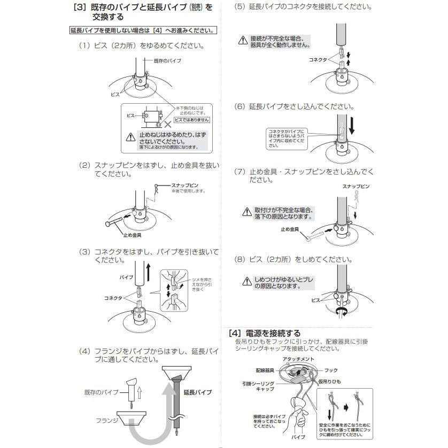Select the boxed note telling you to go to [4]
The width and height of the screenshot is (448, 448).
click(143, 31)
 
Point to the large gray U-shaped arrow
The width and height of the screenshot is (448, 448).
click(144, 422)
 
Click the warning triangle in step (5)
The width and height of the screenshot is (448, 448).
click(244, 40)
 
